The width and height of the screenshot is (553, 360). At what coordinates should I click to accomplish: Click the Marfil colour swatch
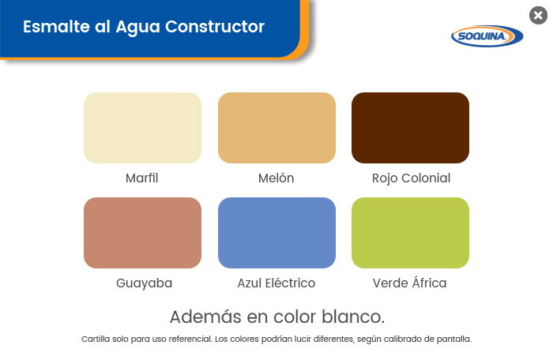[142, 128]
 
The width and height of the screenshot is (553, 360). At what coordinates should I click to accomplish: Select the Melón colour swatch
[276, 128]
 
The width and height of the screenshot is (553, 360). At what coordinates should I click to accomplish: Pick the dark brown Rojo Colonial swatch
[410, 128]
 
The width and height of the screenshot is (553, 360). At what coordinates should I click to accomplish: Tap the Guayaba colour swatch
[142, 233]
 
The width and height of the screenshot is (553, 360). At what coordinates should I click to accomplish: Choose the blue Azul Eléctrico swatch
[276, 233]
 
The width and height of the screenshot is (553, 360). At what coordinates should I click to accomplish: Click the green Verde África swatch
[410, 233]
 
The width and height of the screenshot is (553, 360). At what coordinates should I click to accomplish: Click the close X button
[538, 16]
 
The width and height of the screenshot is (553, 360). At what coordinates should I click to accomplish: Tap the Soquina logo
[487, 36]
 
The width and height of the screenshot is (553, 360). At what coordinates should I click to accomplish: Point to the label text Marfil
[141, 178]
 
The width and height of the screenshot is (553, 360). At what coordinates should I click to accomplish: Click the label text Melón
[276, 178]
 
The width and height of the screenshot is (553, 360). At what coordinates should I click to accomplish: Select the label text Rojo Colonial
[412, 178]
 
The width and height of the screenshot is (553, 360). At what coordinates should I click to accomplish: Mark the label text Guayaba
[145, 283]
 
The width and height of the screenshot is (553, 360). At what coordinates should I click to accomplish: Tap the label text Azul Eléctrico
[276, 283]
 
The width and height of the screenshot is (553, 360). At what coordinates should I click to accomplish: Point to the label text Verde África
[409, 283]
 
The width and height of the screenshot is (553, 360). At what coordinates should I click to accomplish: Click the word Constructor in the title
[215, 27]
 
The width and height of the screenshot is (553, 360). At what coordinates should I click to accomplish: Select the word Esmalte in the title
[56, 27]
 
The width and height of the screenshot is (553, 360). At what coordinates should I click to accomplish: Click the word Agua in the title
[137, 28]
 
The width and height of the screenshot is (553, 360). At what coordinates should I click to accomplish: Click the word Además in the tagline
[206, 317]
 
